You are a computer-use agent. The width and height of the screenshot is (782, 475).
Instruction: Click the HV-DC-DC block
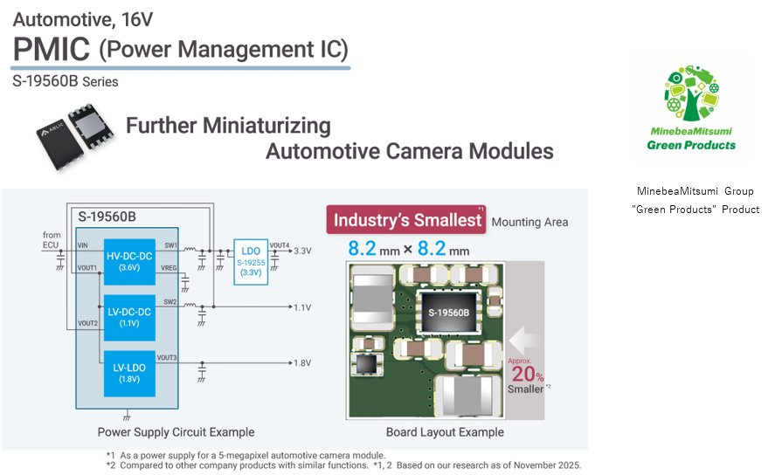pos(129,261)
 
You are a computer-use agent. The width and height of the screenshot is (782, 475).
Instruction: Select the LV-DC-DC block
pos(129,316)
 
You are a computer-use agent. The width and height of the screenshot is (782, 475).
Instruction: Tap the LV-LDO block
pos(129,372)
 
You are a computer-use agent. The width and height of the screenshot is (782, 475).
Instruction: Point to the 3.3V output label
pos(303,250)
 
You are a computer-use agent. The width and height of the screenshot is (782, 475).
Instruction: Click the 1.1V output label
pos(303,307)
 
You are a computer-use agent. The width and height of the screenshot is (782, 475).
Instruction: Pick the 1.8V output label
pos(303,362)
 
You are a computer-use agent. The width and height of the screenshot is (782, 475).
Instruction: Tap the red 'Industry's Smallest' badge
pos(407,220)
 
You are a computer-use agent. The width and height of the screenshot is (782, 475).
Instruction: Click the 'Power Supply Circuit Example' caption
pos(176,431)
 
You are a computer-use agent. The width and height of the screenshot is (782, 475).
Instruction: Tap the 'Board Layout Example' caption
pos(445,431)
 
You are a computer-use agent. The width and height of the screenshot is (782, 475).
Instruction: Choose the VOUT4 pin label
pos(279,245)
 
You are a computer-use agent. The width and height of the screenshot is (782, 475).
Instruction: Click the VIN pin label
pos(83,246)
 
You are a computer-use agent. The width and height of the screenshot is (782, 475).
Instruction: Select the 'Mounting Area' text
pos(529,223)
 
